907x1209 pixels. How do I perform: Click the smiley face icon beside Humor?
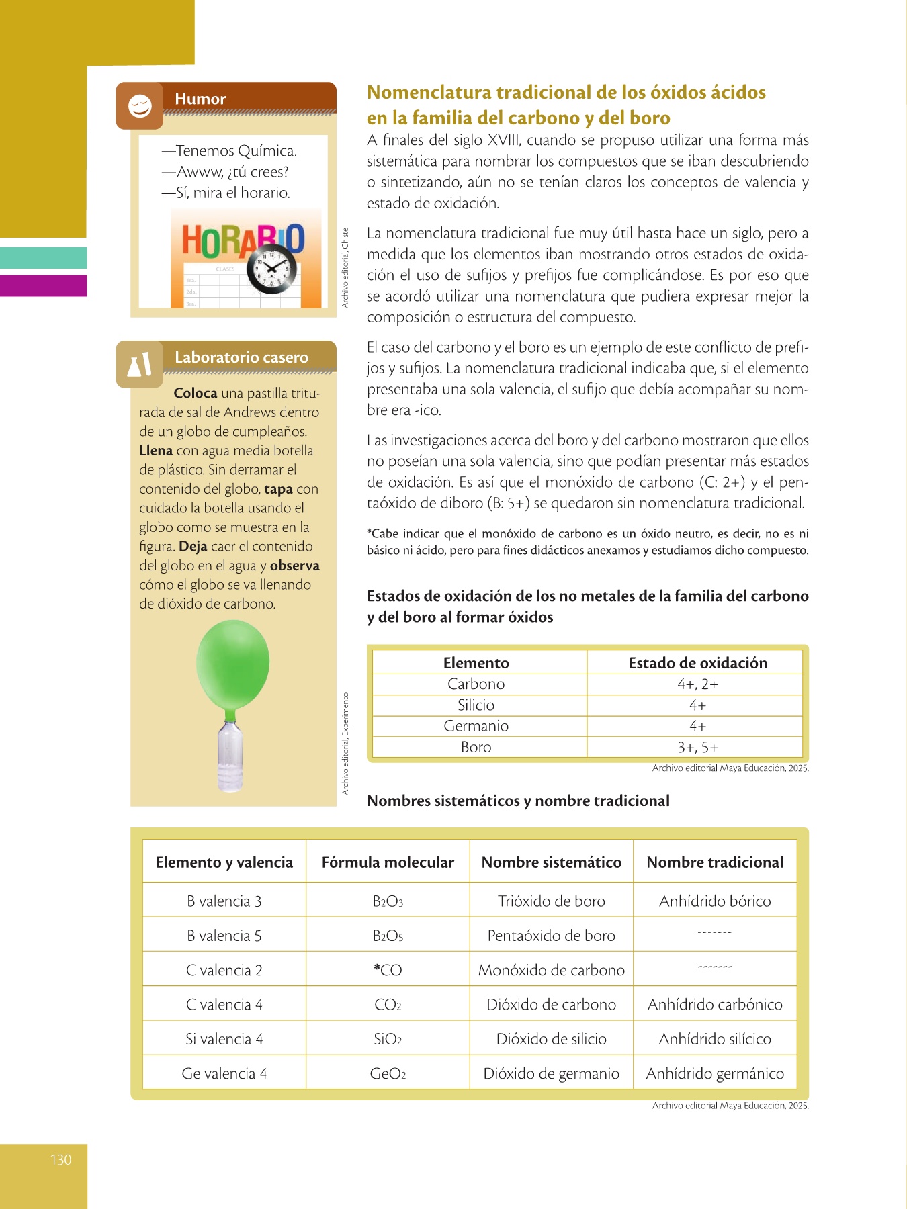(x=140, y=105)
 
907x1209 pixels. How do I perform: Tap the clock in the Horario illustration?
(x=272, y=269)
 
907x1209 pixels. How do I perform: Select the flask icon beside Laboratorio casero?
(x=139, y=365)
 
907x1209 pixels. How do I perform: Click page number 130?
(x=60, y=1159)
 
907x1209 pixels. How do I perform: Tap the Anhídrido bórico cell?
(x=715, y=901)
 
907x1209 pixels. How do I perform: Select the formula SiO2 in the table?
(x=388, y=1039)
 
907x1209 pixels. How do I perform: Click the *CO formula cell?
(x=388, y=970)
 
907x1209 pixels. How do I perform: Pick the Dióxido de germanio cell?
(x=551, y=1073)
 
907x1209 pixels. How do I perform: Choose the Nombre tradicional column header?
(x=715, y=862)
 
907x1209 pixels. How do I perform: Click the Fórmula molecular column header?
(x=388, y=862)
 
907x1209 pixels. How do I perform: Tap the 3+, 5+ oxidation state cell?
(x=697, y=747)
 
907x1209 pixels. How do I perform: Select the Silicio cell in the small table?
(x=476, y=705)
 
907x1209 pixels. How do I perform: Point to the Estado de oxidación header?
(x=697, y=663)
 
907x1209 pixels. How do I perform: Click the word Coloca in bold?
(x=195, y=393)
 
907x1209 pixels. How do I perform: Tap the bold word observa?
(x=294, y=566)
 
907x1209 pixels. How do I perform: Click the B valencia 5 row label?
(x=224, y=936)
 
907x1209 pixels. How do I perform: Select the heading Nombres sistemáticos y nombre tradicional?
(x=518, y=801)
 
